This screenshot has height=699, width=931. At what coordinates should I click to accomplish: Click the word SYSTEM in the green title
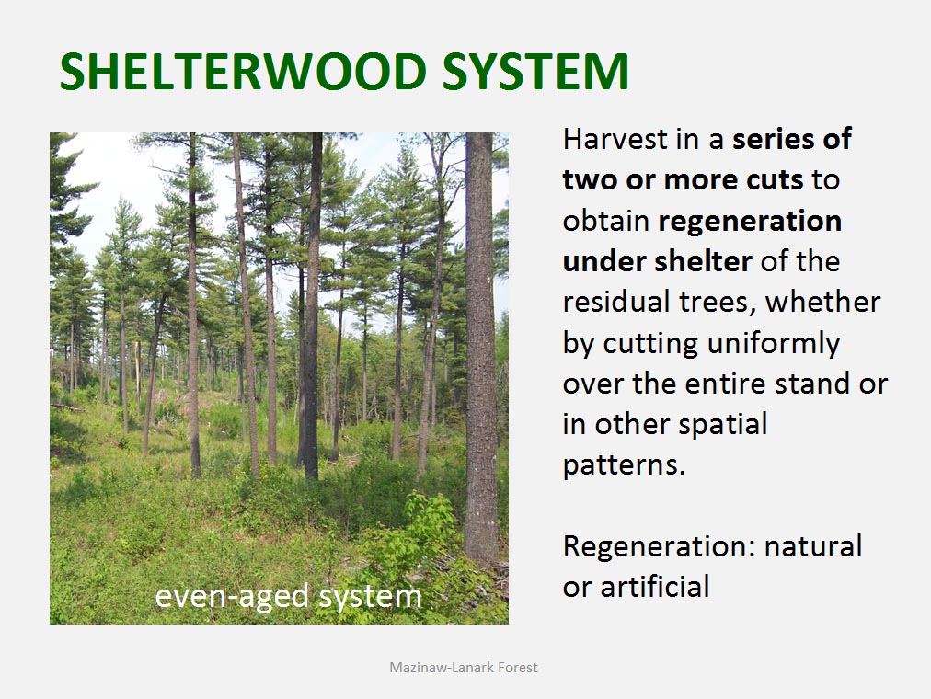pyautogui.click(x=535, y=71)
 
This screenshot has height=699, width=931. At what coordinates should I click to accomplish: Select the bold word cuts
pyautogui.click(x=775, y=179)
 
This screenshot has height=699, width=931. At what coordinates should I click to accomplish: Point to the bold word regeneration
pyautogui.click(x=750, y=222)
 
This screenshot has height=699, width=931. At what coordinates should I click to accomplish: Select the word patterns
pyautogui.click(x=624, y=465)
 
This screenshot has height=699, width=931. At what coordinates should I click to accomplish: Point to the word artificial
pyautogui.click(x=655, y=587)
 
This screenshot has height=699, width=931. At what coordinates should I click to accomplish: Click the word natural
pyautogui.click(x=813, y=547)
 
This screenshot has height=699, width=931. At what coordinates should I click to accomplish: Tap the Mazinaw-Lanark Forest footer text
pyautogui.click(x=463, y=668)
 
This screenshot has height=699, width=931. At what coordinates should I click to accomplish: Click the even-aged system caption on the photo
pyautogui.click(x=288, y=596)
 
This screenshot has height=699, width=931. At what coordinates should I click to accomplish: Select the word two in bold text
pyautogui.click(x=590, y=179)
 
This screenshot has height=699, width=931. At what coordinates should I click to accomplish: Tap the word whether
pyautogui.click(x=822, y=302)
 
